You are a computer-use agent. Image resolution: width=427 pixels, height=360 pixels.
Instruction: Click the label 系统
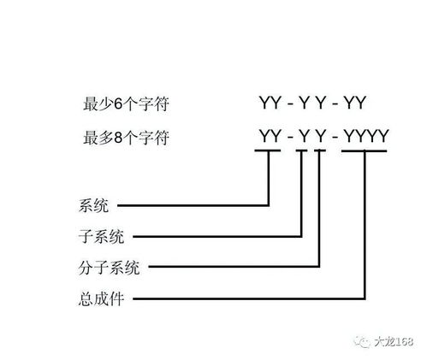pos(93,205)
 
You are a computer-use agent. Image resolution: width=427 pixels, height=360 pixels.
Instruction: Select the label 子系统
pos(102,237)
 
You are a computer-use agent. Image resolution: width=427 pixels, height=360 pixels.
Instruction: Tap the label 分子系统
pos(110,268)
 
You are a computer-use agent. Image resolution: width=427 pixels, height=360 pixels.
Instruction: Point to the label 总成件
pos(101,299)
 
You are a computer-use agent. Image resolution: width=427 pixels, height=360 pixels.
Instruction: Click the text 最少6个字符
pos(126,103)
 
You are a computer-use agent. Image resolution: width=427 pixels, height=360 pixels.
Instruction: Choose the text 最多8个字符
pos(126,138)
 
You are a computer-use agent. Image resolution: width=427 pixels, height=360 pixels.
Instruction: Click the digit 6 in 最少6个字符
pos(118,103)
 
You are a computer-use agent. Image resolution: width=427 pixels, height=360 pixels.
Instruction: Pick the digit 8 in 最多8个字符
pos(118,138)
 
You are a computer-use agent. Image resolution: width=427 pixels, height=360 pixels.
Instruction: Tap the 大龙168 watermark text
pos(394,341)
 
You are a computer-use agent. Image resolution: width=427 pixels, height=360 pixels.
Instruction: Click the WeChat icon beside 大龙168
pos(362,341)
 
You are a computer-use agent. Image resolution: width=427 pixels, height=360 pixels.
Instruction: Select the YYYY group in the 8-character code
pos(366,136)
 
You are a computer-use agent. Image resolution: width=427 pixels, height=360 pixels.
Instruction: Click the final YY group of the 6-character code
pos(354,103)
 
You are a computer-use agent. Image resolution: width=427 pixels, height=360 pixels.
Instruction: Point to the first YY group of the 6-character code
pos(270,103)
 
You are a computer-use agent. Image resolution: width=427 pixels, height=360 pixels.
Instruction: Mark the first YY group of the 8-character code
pos(270,136)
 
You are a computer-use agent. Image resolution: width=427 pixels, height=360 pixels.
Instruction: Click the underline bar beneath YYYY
pos(364,150)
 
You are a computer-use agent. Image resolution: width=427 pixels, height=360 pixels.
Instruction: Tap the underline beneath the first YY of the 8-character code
pos(268,150)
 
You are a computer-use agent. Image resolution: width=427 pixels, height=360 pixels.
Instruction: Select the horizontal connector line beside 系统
pos(193,205)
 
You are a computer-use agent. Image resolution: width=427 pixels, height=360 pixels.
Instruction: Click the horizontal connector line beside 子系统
pos(217,236)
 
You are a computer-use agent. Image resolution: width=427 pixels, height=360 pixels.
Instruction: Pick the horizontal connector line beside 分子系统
pos(234,267)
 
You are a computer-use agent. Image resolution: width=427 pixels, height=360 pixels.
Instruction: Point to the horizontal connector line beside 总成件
pos(249,298)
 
